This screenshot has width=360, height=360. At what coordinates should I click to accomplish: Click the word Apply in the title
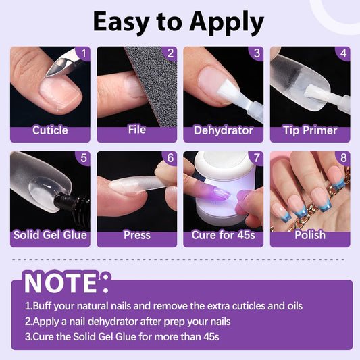pos(226,23)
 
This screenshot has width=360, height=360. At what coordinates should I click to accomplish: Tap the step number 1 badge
pos(83,53)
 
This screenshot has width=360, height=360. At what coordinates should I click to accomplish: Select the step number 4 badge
pos(343,53)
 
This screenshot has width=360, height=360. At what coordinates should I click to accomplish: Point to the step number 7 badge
pos(257,158)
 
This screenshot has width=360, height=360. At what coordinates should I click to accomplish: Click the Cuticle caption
pos(50,130)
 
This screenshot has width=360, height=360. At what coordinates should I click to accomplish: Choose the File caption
pos(137,130)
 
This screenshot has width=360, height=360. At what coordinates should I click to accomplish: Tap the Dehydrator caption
pos(224,130)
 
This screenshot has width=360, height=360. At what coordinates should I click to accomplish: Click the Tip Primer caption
pos(310,130)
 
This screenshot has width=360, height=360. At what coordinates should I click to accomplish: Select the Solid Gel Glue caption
pos(50,235)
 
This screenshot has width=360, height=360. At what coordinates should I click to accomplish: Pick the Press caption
pos(137,235)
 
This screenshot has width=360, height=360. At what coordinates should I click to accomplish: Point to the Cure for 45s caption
pos(224,235)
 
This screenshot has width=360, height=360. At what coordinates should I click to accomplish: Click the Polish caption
pos(310,235)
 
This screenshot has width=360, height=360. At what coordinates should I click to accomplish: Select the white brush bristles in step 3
pos(227,91)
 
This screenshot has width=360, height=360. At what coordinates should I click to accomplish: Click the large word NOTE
pos(60,282)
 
